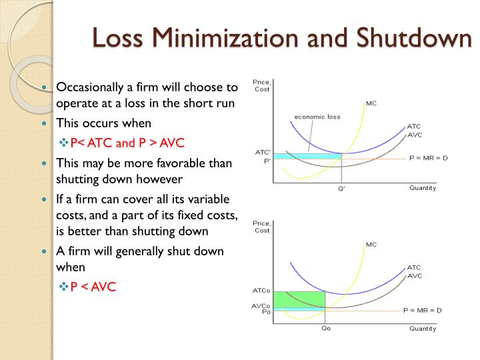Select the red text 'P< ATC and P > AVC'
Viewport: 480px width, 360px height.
tap(127, 143)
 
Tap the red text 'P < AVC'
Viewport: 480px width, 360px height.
tap(93, 287)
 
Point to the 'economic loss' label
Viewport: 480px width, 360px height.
tap(317, 117)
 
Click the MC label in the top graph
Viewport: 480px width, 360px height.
tap(371, 103)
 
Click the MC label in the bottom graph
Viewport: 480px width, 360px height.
tap(371, 245)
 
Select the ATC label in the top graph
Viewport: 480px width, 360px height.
tap(414, 126)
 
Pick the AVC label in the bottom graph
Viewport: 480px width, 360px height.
tap(415, 275)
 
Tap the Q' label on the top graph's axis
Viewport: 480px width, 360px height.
tap(341, 189)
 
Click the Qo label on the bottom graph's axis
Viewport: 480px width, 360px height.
tap(326, 328)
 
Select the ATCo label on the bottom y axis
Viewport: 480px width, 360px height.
tap(261, 291)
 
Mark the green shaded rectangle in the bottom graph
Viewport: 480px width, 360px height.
tap(299, 299)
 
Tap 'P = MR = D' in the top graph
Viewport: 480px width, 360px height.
tap(429, 159)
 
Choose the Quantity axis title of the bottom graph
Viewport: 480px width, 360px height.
tap(423, 328)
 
